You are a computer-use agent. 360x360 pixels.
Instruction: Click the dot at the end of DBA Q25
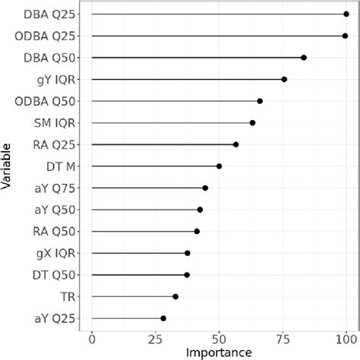point(346,14)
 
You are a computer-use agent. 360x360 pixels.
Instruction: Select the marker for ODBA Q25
point(345,36)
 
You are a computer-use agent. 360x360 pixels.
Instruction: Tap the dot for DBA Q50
point(304,58)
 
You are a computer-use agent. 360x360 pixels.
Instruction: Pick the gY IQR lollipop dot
point(284,79)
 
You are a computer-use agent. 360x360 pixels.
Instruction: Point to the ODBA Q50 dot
point(260,101)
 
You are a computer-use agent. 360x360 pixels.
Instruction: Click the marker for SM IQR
point(252,122)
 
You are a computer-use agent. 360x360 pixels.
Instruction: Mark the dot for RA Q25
point(235,144)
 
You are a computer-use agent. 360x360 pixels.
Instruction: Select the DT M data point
point(219,166)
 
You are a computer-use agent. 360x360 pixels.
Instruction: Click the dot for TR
point(175,296)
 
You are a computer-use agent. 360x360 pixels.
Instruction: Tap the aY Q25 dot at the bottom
point(163,318)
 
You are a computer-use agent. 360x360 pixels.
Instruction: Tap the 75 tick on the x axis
point(283,339)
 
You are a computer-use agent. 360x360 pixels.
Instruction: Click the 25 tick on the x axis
point(156,339)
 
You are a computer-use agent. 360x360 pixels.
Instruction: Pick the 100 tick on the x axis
point(346,339)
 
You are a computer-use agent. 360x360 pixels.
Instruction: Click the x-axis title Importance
point(219,352)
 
